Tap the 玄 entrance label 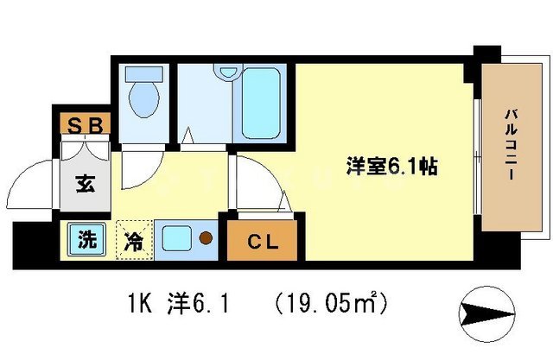[x=86, y=183]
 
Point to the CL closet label [x=260, y=243]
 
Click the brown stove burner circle [x=206, y=237]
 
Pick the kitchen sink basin [x=178, y=236]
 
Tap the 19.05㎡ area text [x=333, y=304]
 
